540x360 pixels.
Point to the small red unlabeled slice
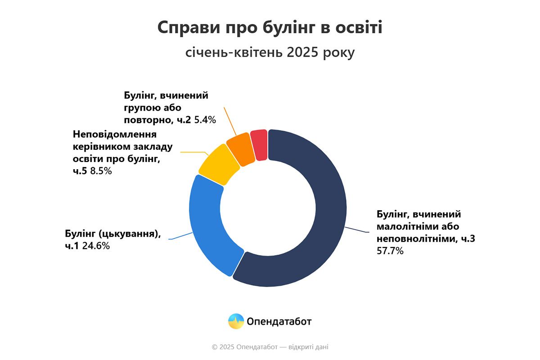(x=260, y=144)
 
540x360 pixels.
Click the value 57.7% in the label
(x=390, y=251)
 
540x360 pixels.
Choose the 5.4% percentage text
(x=206, y=120)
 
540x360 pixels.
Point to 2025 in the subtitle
(x=301, y=53)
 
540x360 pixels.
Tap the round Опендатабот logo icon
(x=236, y=321)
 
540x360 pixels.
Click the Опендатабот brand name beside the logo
(x=279, y=321)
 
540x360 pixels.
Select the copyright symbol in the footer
(x=215, y=347)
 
